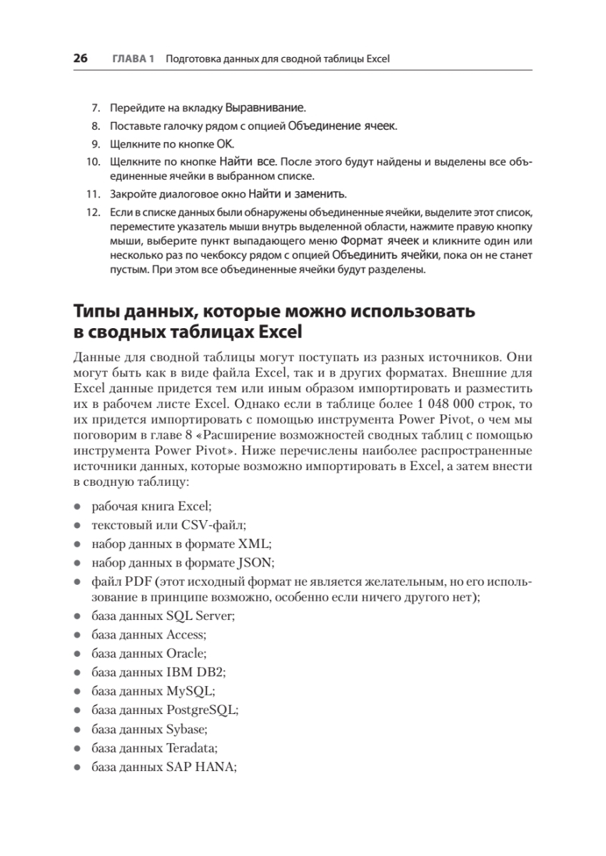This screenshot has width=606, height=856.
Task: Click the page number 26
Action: pos(80,58)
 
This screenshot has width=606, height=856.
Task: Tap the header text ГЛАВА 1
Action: pos(133,58)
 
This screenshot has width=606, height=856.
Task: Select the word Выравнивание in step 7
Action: pos(265,109)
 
